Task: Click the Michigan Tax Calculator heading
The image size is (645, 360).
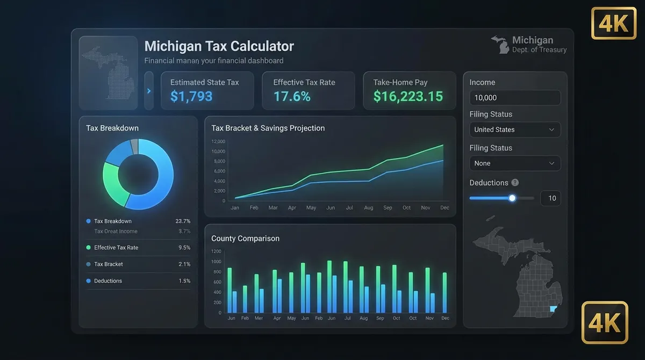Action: (219, 46)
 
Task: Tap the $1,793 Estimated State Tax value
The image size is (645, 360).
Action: (191, 97)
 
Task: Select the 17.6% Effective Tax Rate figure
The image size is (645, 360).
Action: (292, 97)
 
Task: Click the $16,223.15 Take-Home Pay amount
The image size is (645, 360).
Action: (408, 97)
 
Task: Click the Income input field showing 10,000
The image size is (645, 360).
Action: (514, 98)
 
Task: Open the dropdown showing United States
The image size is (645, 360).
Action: (514, 129)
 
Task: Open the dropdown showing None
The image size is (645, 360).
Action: (514, 163)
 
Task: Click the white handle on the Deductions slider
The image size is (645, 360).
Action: (512, 198)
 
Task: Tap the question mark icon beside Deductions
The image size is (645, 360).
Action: (515, 183)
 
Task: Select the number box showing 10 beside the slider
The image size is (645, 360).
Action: (551, 198)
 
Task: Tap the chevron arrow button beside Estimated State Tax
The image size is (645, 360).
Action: (149, 91)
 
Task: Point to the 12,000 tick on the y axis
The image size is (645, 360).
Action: (218, 142)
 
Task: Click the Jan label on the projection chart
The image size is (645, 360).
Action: (235, 207)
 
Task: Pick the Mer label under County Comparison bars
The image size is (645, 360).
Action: (259, 318)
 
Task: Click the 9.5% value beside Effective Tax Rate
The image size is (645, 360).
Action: (184, 248)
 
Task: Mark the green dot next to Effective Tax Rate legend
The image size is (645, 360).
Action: (88, 248)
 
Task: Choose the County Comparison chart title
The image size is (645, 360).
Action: (245, 239)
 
